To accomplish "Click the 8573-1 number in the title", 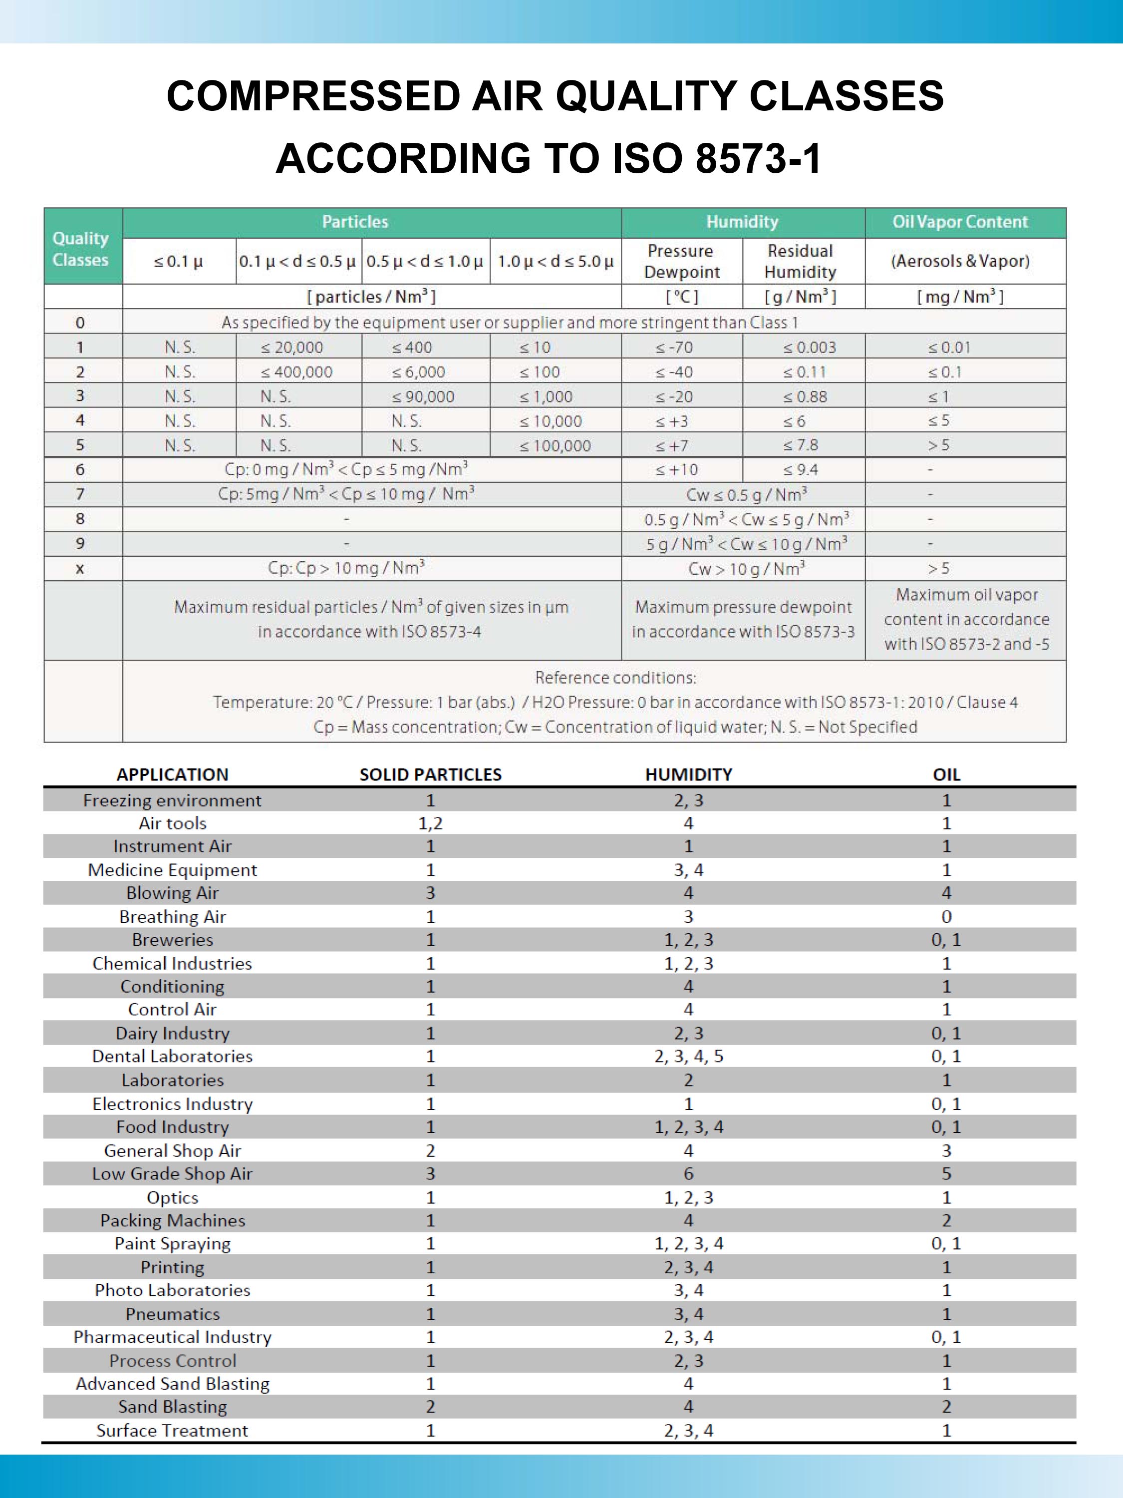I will (758, 158).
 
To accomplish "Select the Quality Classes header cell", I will (80, 249).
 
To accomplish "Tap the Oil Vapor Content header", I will (959, 222).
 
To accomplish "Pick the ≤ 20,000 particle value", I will (292, 348).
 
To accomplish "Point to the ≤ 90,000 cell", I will (423, 397).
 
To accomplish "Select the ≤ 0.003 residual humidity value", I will (810, 348).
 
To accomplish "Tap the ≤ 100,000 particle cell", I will (555, 445).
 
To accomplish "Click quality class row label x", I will (80, 569).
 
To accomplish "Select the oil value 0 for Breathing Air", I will (946, 916).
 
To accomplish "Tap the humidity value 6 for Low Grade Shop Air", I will (688, 1173).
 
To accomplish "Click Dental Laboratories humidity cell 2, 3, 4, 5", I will (688, 1057).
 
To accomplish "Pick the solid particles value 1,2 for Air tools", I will (431, 823).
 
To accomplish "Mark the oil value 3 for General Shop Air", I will (946, 1150).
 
